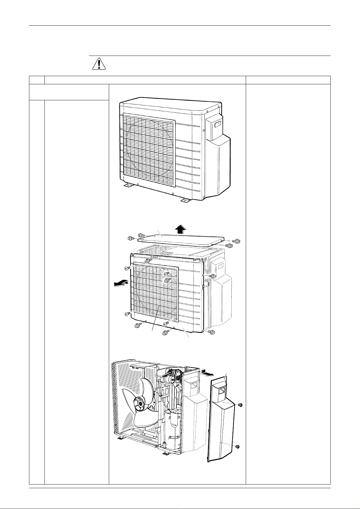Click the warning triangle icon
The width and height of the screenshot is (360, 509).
click(99, 64)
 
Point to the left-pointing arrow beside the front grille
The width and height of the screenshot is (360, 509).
click(120, 283)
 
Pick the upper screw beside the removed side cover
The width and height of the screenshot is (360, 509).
click(241, 405)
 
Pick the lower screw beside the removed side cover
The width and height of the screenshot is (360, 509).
click(237, 446)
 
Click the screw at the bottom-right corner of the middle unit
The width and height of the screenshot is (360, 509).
click(212, 332)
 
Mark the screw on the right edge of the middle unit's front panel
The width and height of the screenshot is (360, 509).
click(213, 276)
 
